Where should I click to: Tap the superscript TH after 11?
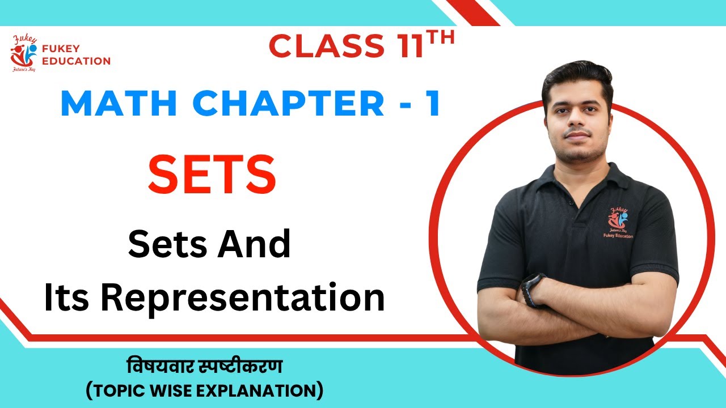coord(441,39)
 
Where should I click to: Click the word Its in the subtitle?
coord(65,296)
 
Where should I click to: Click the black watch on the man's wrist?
coord(532,288)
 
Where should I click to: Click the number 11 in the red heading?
coord(404,46)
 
